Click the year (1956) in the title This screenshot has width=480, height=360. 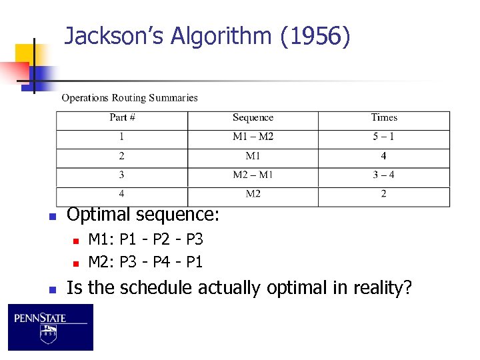pos(315,36)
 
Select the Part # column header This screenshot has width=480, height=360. pos(122,118)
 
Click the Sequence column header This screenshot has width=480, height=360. pos(253,118)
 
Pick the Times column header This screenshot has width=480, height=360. pos(384,118)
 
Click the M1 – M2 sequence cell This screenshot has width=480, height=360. pos(253,137)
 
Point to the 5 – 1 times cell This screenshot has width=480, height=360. pos(383,137)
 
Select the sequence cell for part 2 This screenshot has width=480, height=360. pos(253,156)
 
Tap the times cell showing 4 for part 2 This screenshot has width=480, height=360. pos(383,156)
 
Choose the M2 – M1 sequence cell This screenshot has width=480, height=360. pos(253,175)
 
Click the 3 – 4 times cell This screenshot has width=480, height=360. pos(383,175)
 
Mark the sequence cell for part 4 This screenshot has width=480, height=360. pos(253,194)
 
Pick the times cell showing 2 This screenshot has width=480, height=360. pos(383,194)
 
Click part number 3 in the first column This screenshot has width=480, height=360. pos(121,175)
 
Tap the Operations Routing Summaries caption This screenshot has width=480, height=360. pos(129,98)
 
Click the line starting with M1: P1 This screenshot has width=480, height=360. pos(145,239)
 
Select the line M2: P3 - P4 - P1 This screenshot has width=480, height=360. pos(145,261)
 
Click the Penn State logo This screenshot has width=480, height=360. pos(50,327)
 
